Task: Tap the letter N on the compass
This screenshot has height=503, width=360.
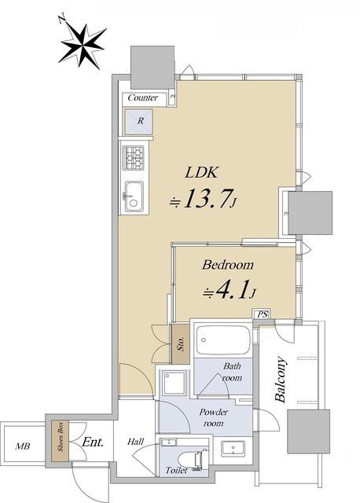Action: pos(62,19)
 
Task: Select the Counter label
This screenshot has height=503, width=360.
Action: pos(143,97)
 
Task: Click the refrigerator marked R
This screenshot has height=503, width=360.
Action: pos(138,122)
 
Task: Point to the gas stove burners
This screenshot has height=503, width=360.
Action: pos(134,158)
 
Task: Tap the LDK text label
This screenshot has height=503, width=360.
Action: pos(201,173)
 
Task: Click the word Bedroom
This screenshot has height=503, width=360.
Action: pos(227,265)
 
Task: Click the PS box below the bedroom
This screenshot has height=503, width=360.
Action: pos(262,314)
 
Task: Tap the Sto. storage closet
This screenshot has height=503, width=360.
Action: pos(181,344)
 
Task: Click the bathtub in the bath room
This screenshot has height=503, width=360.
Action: pos(223,340)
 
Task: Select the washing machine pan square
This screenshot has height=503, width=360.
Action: pos(174,383)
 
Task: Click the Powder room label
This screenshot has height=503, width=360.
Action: pos(213,417)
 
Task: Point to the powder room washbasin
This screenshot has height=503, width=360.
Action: pos(233,448)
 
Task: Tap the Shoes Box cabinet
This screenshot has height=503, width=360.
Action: pos(61,442)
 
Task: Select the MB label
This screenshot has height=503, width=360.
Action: pos(23,446)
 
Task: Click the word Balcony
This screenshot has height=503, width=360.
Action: pos(281,380)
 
